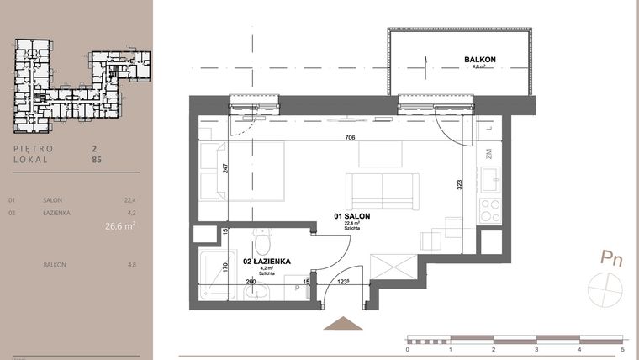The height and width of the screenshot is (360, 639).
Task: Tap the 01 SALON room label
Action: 352,216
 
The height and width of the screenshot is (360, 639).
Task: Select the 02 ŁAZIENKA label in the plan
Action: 267,262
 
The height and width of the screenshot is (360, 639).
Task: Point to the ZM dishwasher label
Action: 488,153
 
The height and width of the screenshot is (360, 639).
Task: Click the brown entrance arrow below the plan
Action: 341,324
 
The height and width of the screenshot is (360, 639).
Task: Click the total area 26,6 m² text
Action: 120,225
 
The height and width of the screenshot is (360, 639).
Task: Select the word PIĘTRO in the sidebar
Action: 34,149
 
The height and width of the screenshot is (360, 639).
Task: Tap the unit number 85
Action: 96,158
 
